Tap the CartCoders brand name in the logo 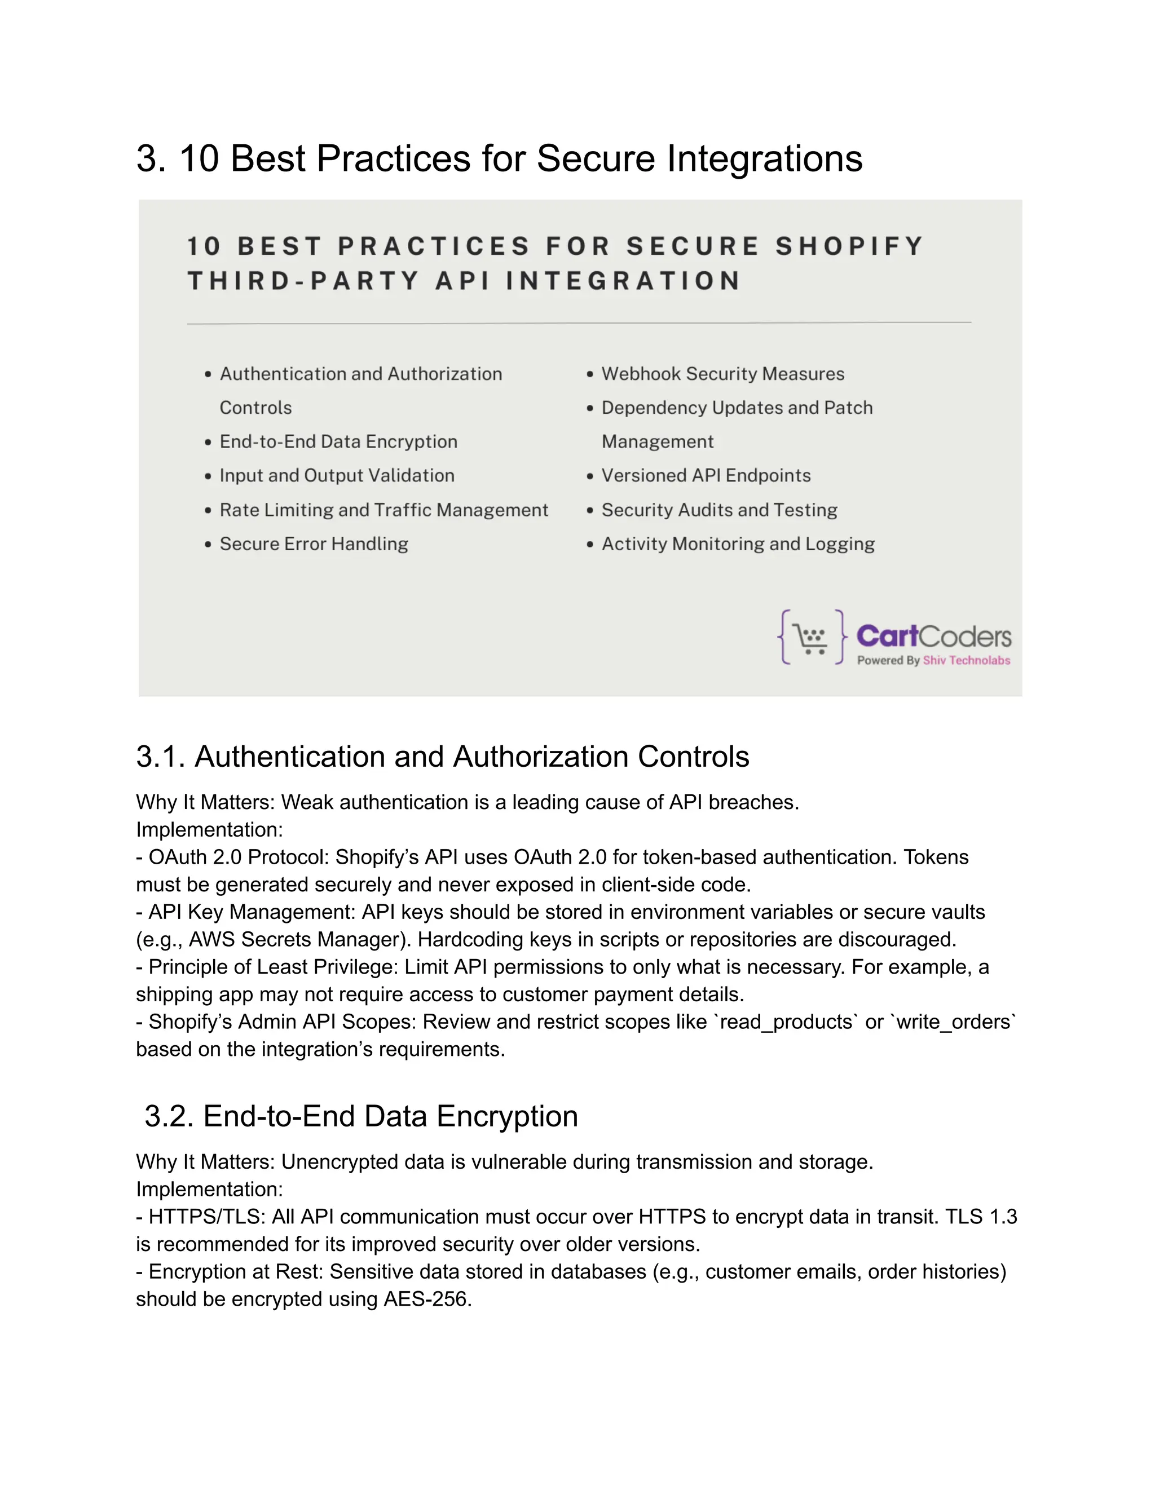point(933,636)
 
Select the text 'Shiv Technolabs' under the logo point(966,660)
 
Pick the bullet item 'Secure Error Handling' point(314,544)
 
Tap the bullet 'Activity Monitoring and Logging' point(738,544)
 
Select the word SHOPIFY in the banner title point(849,246)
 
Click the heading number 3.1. point(160,757)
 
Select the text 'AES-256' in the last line point(426,1299)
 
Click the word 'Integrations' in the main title point(764,159)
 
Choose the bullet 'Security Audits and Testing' point(718,510)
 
